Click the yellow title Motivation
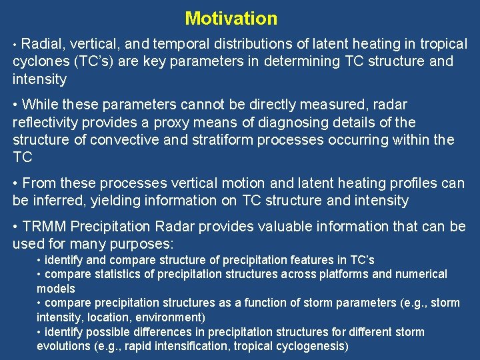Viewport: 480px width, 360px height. point(231,18)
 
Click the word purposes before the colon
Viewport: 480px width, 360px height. point(141,244)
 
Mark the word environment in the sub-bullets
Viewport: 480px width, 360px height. point(169,317)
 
